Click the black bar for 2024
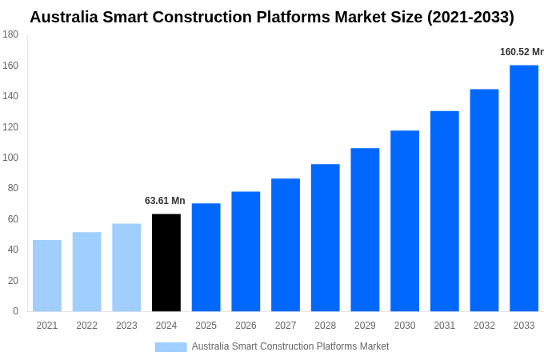pyautogui.click(x=166, y=262)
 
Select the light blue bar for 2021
pyautogui.click(x=47, y=275)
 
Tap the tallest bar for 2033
pyautogui.click(x=524, y=188)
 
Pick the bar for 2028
pyautogui.click(x=326, y=238)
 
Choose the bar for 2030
pyautogui.click(x=405, y=221)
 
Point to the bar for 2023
pyautogui.click(x=126, y=267)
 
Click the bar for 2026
pyautogui.click(x=246, y=251)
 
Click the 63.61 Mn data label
pyautogui.click(x=165, y=201)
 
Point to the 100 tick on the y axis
pyautogui.click(x=10, y=158)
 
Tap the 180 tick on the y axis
pyautogui.click(x=10, y=34)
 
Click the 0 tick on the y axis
pyautogui.click(x=15, y=311)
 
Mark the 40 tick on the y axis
pyautogui.click(x=13, y=250)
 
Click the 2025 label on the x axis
pyautogui.click(x=206, y=326)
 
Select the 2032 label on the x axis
pyautogui.click(x=484, y=326)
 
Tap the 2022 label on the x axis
pyautogui.click(x=86, y=326)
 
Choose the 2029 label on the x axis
pyautogui.click(x=365, y=326)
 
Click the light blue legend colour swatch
pyautogui.click(x=170, y=346)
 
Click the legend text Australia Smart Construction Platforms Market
pyautogui.click(x=290, y=346)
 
